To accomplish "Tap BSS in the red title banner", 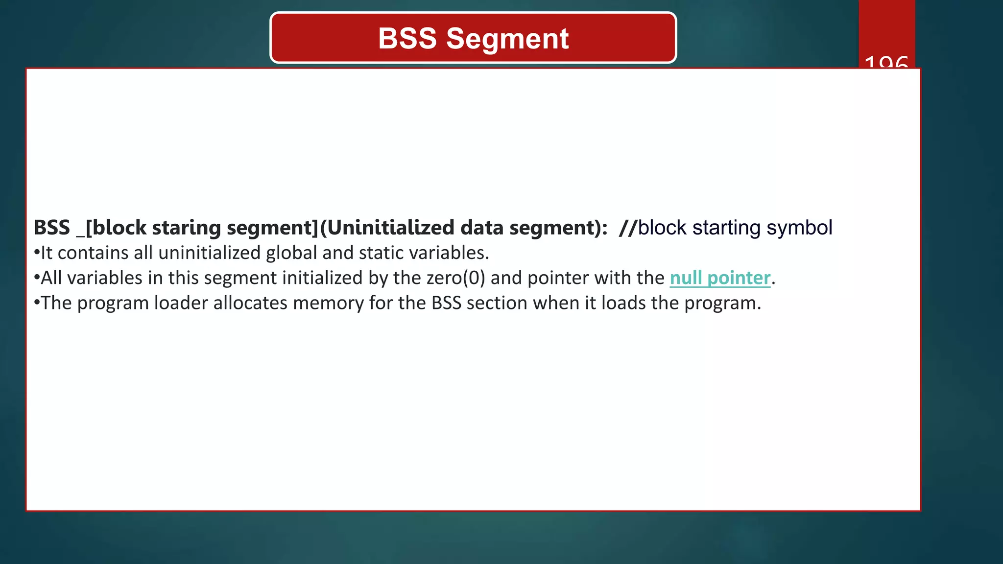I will (407, 39).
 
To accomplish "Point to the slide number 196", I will (886, 63).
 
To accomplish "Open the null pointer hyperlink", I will (720, 278).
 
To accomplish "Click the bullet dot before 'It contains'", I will (37, 253).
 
